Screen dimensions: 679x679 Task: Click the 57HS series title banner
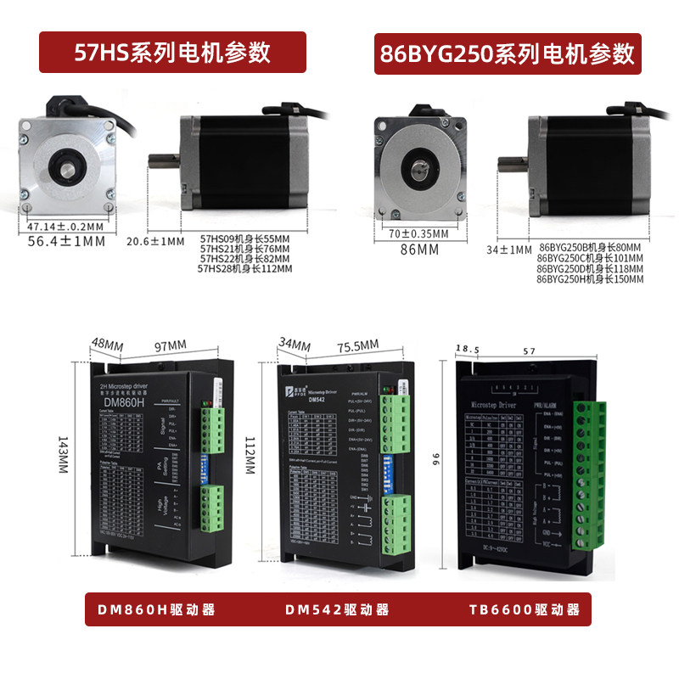pos(173,53)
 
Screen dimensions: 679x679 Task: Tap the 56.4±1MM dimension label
pos(67,242)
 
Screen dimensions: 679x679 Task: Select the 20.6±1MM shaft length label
pos(154,241)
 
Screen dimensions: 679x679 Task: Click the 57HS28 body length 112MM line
pos(244,269)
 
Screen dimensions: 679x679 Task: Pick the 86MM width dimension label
pos(419,250)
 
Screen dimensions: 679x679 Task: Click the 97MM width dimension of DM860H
pos(170,345)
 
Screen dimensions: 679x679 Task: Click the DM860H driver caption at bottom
pos(155,610)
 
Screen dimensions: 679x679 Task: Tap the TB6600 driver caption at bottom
pos(524,610)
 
